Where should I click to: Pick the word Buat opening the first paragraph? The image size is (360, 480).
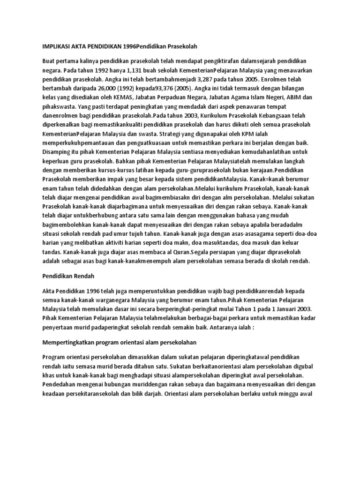pos(49,62)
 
